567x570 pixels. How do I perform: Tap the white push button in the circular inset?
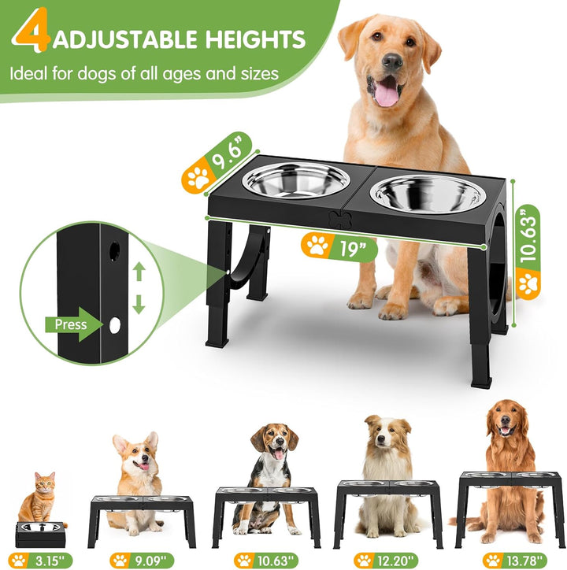pos(116,324)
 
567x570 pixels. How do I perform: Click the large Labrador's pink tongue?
pos(386,94)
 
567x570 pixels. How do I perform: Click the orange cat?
pos(39,496)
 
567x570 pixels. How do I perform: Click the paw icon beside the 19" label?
pos(318,246)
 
